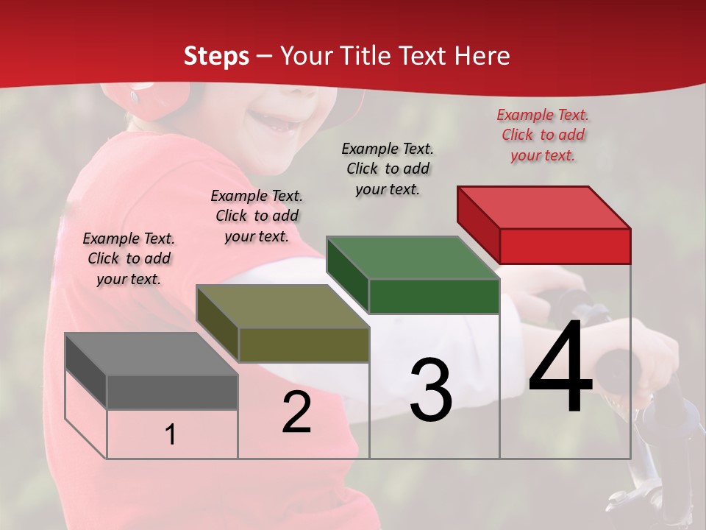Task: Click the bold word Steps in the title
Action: [216, 56]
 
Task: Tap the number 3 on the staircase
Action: [430, 389]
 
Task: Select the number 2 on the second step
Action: [296, 412]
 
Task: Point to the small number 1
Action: [171, 435]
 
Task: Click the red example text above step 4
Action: [543, 135]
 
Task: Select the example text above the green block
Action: [388, 169]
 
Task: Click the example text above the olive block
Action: [257, 216]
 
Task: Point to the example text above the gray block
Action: [129, 258]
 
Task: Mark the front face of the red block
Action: [565, 246]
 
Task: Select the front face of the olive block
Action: [304, 344]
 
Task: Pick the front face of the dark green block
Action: [434, 296]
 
